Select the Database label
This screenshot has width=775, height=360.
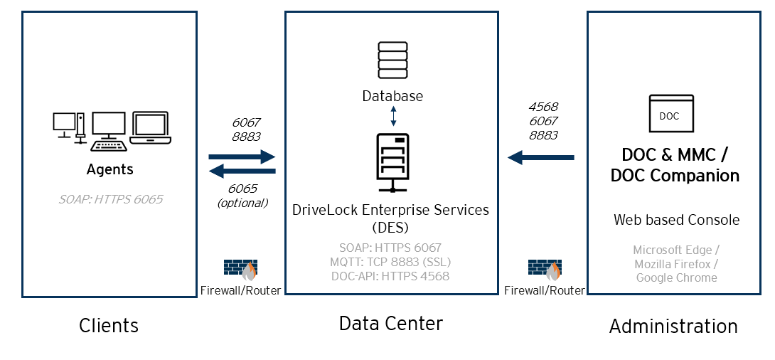point(392,96)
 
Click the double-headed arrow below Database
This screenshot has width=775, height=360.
point(393,116)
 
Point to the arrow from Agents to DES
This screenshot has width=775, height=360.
point(242,156)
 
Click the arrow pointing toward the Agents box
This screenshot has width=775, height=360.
point(242,171)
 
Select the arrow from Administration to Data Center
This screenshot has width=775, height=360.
point(540,157)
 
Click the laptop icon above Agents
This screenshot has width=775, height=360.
point(151,128)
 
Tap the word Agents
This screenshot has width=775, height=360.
point(110,169)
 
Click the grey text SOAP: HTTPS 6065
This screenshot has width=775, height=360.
point(110,199)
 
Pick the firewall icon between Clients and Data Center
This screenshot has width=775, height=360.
point(240,270)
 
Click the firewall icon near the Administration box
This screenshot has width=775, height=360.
point(545,270)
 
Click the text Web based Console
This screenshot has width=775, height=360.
point(676,220)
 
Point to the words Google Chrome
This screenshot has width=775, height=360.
point(676,277)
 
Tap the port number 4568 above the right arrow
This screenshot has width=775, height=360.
point(543,107)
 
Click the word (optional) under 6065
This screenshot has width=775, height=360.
point(242,203)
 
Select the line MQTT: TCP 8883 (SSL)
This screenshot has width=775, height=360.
point(390,263)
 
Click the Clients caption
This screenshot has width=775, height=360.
point(109,326)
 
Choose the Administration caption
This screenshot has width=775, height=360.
point(673,327)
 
